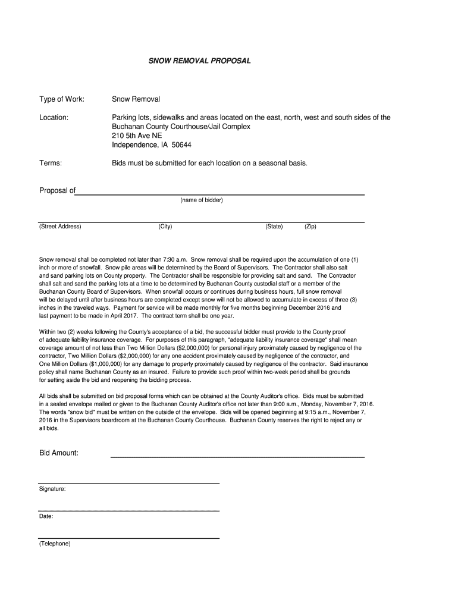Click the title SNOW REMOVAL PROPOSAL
(199, 61)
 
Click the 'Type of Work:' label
(62, 99)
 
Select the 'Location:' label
(54, 118)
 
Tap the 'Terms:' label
(51, 162)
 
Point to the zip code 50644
(182, 145)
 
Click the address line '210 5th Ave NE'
(137, 136)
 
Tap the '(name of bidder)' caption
(201, 200)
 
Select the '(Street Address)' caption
(60, 227)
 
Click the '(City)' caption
(165, 227)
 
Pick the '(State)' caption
(274, 227)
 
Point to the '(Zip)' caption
(310, 227)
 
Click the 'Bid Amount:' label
(59, 453)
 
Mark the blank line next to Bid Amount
(238, 456)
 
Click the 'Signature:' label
(52, 489)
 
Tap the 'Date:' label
(46, 516)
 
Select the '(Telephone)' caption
(55, 544)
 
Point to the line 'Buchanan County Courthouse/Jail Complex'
(181, 127)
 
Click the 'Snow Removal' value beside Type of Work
(136, 99)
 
